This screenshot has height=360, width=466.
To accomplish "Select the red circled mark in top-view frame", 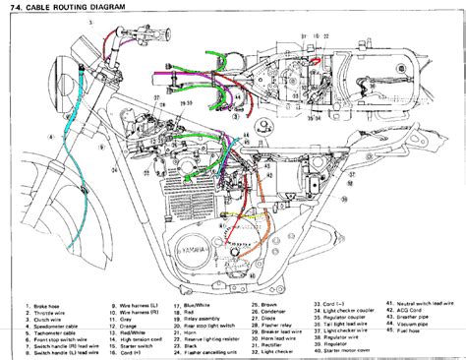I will point(318,60).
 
